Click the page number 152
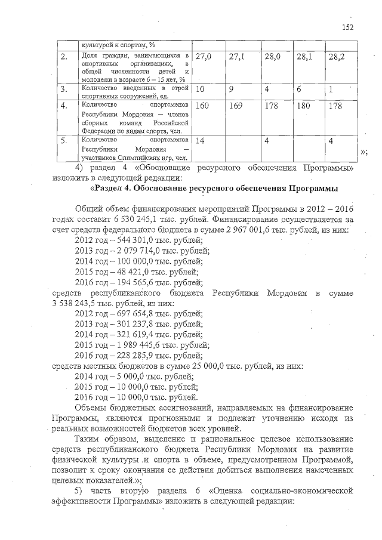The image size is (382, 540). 348,26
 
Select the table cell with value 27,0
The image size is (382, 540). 204,57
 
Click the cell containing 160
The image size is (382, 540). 204,106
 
